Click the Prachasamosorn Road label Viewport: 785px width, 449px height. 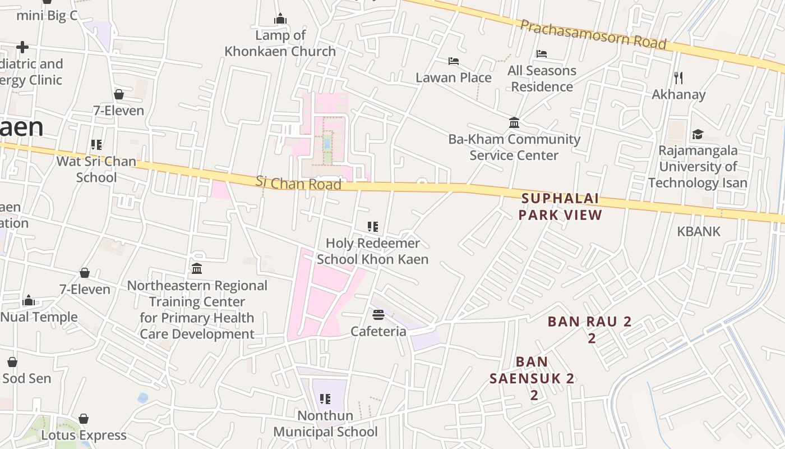[x=593, y=34]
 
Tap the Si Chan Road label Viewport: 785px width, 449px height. [x=298, y=183]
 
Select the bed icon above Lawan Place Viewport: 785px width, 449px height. [x=454, y=61]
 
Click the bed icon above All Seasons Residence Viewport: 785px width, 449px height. [x=542, y=54]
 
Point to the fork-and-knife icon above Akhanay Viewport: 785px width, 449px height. [x=678, y=77]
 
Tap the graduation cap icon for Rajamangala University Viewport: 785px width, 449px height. [x=698, y=134]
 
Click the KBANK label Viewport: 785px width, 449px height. [x=699, y=231]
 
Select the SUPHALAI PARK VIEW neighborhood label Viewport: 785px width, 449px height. [x=560, y=207]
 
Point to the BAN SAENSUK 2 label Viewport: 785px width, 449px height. [x=532, y=378]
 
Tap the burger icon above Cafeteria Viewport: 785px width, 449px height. [x=378, y=314]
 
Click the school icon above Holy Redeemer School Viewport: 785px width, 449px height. [x=373, y=227]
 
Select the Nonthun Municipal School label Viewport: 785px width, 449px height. [x=325, y=424]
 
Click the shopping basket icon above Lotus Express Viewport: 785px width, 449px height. [x=84, y=419]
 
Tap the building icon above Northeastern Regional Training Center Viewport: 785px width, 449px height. [x=197, y=269]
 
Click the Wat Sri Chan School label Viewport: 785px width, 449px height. [x=96, y=169]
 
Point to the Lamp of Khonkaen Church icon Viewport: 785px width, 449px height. [x=280, y=19]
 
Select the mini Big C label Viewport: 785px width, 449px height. [x=47, y=15]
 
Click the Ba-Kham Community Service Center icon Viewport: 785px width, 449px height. [x=514, y=122]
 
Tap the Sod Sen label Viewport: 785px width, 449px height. [x=26, y=378]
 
